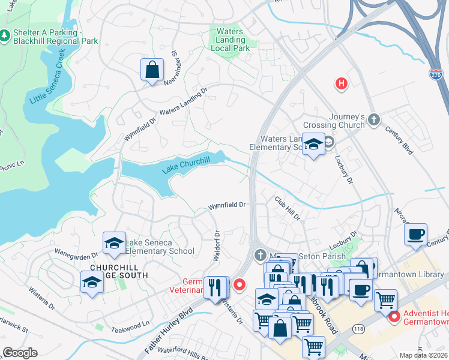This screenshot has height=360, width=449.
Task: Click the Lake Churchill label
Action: tap(186, 167)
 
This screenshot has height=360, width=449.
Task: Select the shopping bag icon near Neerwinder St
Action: tap(152, 70)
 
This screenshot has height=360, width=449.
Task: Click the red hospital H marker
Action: tap(342, 84)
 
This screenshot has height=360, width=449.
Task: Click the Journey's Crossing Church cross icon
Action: tap(375, 120)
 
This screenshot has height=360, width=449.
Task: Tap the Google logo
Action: tap(20, 353)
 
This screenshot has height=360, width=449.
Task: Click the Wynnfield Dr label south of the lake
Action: tap(227, 205)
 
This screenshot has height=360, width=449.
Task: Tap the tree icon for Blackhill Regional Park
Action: tap(5, 37)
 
